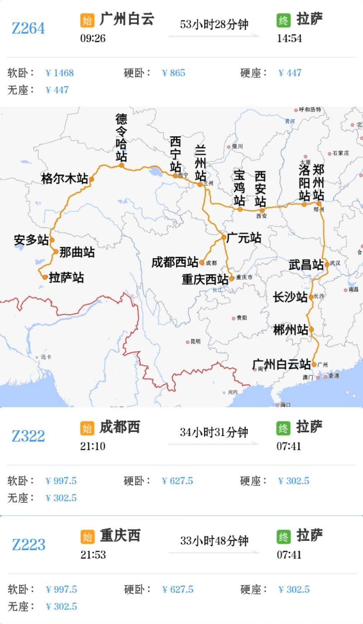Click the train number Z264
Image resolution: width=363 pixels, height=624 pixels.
coord(28,28)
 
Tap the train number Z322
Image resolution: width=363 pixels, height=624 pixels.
coord(28,436)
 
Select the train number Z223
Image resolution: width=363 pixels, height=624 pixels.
coord(28,544)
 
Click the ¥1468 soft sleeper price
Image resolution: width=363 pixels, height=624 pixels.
coord(60,73)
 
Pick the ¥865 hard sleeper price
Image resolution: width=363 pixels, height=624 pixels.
coord(174,73)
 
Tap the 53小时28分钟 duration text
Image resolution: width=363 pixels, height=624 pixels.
coord(214,24)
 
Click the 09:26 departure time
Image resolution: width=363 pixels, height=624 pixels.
coord(93,38)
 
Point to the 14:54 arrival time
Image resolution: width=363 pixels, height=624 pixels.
coord(289,38)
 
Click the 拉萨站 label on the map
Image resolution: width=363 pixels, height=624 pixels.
coord(66,277)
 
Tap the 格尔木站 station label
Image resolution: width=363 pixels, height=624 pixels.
coord(64,178)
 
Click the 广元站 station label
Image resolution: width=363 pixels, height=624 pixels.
coord(244,238)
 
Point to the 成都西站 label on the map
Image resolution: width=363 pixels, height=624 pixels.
coord(175,262)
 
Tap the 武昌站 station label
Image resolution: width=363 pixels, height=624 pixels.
coord(306,264)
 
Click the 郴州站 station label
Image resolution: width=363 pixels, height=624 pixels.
coord(290,330)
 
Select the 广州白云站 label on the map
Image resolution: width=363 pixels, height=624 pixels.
coord(281,364)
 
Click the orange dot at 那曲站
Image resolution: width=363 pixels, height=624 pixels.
coord(56,252)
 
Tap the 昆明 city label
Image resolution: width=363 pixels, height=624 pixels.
coord(195,341)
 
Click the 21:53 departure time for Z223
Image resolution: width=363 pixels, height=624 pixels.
coord(93,555)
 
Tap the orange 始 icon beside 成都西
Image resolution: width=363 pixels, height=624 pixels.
coord(87,428)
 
